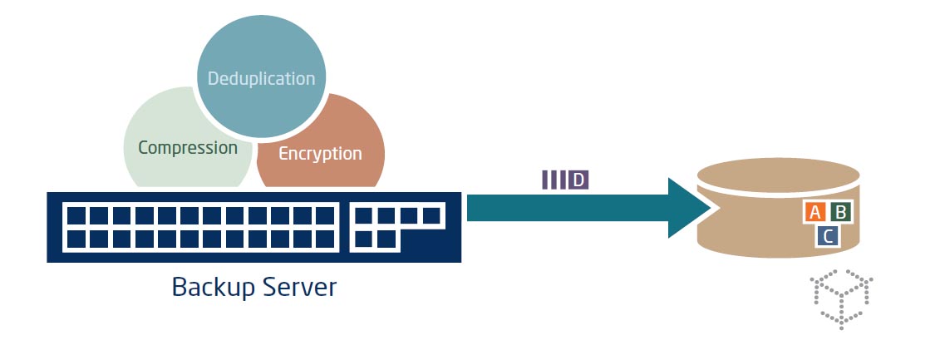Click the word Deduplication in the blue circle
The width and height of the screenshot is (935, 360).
(x=261, y=79)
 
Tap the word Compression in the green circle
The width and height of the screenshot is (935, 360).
(x=188, y=148)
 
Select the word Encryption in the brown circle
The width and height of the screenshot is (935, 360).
(x=320, y=154)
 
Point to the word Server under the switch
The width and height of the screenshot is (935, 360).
(x=296, y=287)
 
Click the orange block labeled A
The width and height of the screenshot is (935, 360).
(x=815, y=212)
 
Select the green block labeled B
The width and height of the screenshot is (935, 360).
(x=840, y=212)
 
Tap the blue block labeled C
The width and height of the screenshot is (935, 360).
(x=828, y=236)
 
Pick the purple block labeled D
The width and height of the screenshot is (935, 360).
(x=578, y=180)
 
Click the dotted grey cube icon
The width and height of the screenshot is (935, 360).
(x=841, y=298)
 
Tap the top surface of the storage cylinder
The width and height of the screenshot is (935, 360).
(x=777, y=175)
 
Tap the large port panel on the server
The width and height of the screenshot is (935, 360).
(x=199, y=227)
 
